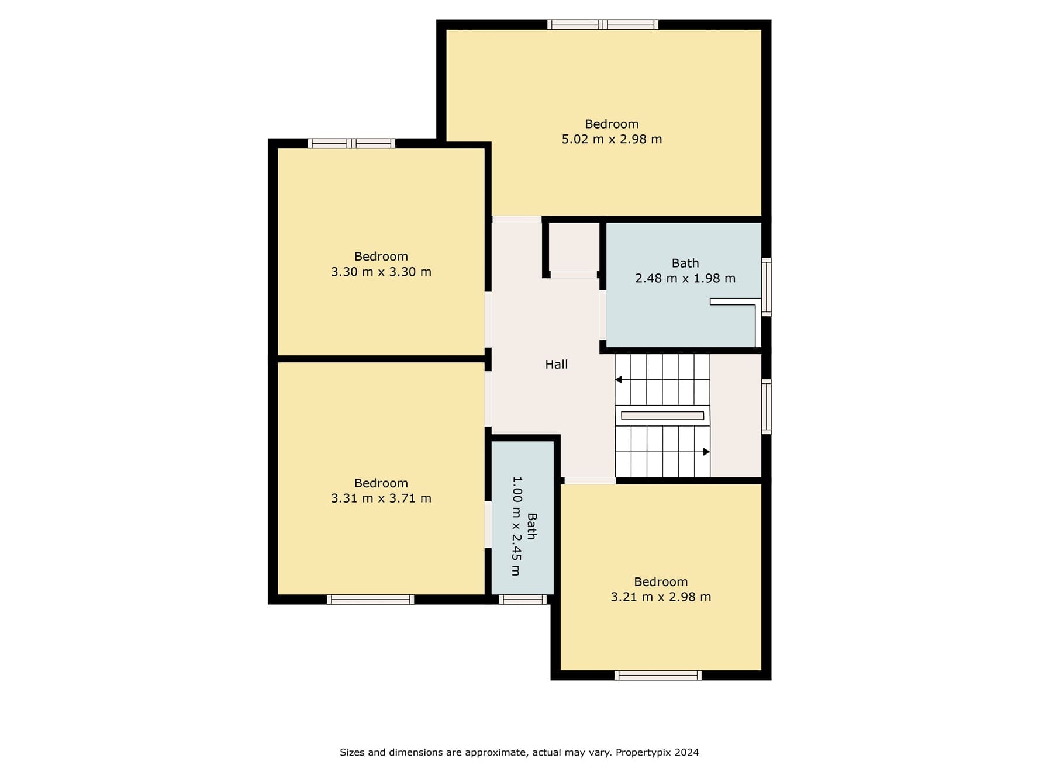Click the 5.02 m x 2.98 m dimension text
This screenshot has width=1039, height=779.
pyautogui.click(x=612, y=139)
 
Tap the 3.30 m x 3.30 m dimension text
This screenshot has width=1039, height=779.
pyautogui.click(x=381, y=272)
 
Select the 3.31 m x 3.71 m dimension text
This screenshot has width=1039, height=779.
pyautogui.click(x=381, y=498)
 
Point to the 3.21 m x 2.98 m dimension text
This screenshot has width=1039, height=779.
pyautogui.click(x=661, y=597)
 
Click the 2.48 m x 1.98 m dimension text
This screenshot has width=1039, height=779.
pyautogui.click(x=685, y=279)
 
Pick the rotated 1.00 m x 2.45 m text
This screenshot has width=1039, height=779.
pyautogui.click(x=516, y=526)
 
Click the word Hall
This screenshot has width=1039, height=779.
pyautogui.click(x=557, y=365)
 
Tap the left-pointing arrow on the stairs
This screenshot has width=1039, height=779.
pyautogui.click(x=619, y=380)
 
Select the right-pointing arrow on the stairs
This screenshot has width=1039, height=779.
pyautogui.click(x=706, y=452)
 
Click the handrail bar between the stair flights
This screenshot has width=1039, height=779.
pyautogui.click(x=662, y=416)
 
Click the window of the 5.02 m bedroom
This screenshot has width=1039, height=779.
pyautogui.click(x=603, y=25)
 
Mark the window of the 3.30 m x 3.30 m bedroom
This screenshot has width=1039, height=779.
pyautogui.click(x=351, y=143)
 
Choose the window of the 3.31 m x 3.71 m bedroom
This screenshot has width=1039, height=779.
pyautogui.click(x=371, y=600)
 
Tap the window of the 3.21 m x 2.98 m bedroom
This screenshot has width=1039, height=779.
pyautogui.click(x=658, y=676)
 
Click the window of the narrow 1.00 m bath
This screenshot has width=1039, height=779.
pyautogui.click(x=523, y=600)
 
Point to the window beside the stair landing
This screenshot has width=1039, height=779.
pyautogui.click(x=767, y=407)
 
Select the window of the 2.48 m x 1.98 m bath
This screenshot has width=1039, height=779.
pyautogui.click(x=767, y=287)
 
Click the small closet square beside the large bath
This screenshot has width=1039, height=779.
pyautogui.click(x=574, y=247)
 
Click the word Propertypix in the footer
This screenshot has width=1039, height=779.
pyautogui.click(x=643, y=753)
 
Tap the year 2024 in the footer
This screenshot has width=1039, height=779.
pyautogui.click(x=687, y=753)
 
